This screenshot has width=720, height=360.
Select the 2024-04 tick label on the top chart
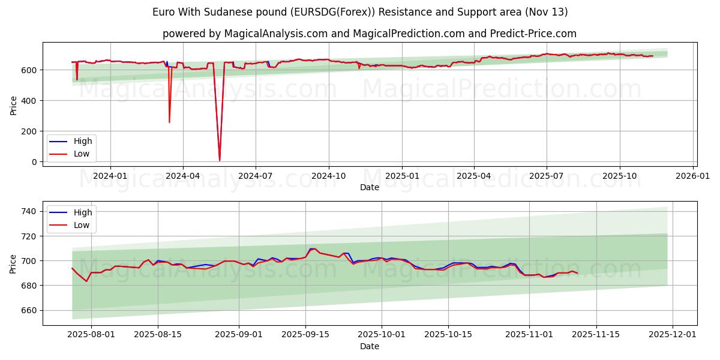(182, 176)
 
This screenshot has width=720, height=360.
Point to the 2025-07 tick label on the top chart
(546, 176)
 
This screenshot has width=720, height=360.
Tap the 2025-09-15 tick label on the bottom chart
(305, 335)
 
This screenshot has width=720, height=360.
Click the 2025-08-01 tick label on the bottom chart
(91, 335)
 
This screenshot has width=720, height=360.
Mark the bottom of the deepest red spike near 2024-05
(220, 160)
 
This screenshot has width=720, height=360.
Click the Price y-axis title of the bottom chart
(13, 263)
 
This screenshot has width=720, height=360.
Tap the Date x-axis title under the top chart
(369, 187)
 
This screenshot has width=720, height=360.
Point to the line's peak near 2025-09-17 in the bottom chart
(313, 248)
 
